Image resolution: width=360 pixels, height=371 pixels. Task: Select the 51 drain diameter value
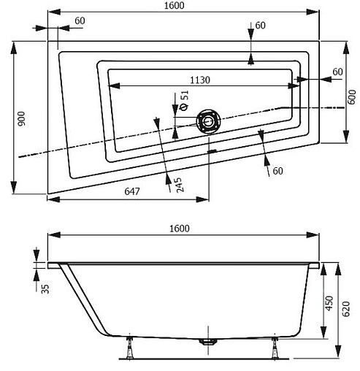coord(184,95)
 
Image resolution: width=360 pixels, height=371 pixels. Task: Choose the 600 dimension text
coord(351,96)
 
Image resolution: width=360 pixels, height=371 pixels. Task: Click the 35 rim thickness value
coord(45,288)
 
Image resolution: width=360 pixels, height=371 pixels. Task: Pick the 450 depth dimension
coord(329,302)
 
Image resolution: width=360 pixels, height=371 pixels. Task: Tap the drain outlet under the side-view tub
coord(210,341)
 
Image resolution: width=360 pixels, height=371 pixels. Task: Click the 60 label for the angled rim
coord(277,171)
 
